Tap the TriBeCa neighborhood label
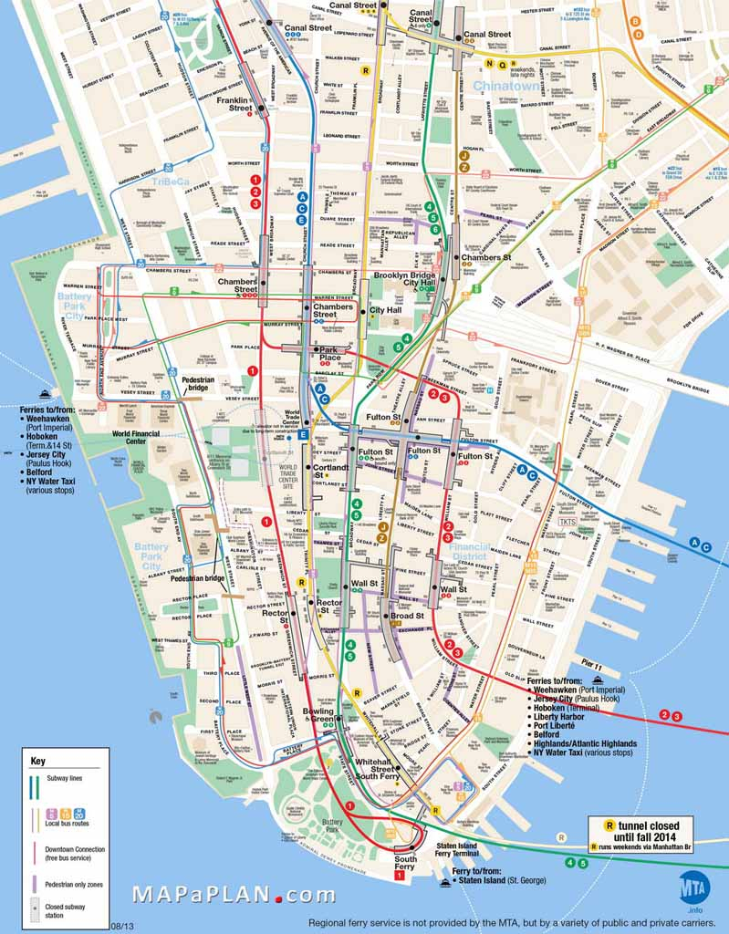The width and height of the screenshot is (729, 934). (x=170, y=182)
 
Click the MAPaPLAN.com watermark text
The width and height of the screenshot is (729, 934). (x=234, y=895)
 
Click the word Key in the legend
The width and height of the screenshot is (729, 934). (x=37, y=761)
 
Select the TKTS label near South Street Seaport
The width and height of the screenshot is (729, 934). (x=568, y=522)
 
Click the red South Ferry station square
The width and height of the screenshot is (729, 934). (x=399, y=876)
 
